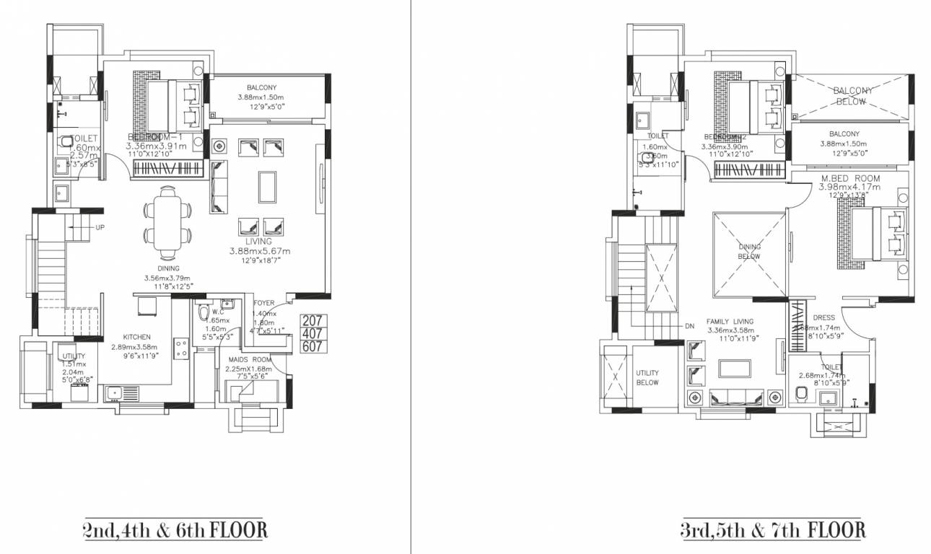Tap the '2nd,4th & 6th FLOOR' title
click(x=174, y=531)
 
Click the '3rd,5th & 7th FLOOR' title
click(x=772, y=531)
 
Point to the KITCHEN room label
click(x=136, y=337)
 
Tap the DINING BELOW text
click(x=749, y=251)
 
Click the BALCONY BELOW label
click(x=852, y=96)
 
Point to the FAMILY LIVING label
click(x=730, y=322)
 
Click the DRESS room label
click(x=823, y=317)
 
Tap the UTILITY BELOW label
click(x=647, y=377)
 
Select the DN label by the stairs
click(x=691, y=325)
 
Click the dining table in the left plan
click(x=168, y=223)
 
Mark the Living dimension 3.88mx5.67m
click(x=260, y=251)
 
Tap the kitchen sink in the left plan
click(x=121, y=394)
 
